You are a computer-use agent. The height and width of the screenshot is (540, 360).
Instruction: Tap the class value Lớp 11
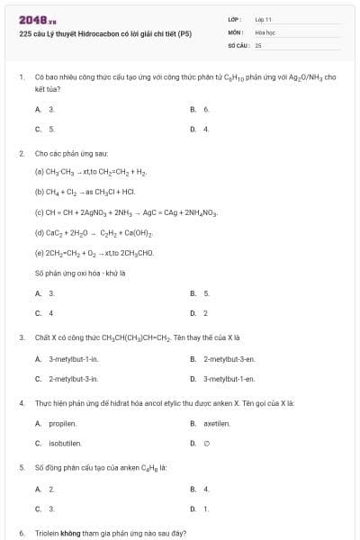264,19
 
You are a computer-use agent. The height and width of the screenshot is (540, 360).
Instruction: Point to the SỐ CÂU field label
238,44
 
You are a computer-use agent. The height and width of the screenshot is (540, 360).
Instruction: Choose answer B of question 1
206,109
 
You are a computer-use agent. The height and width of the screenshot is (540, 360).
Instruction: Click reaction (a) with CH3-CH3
90,171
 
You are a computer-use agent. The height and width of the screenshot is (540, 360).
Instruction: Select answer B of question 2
206,293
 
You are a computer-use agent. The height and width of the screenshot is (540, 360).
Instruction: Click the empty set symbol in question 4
206,443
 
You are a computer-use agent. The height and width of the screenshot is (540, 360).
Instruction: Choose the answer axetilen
217,423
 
